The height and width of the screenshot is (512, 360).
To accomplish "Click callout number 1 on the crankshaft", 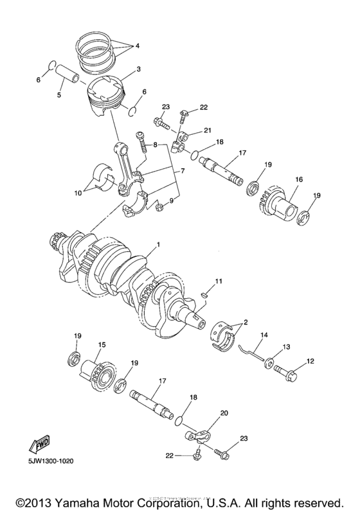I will [157, 245].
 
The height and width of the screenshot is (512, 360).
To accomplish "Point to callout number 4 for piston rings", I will [137, 46].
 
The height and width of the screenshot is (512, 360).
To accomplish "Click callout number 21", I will [207, 130].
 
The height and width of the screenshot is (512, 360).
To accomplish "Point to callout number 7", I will [182, 172].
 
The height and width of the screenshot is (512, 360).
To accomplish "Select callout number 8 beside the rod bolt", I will [154, 146].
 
